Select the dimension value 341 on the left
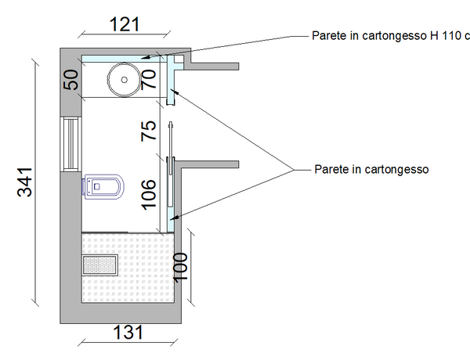(24, 182)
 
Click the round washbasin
(123, 77)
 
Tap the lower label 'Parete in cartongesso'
(371, 168)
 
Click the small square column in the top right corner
(179, 59)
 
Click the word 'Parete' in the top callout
(327, 36)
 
